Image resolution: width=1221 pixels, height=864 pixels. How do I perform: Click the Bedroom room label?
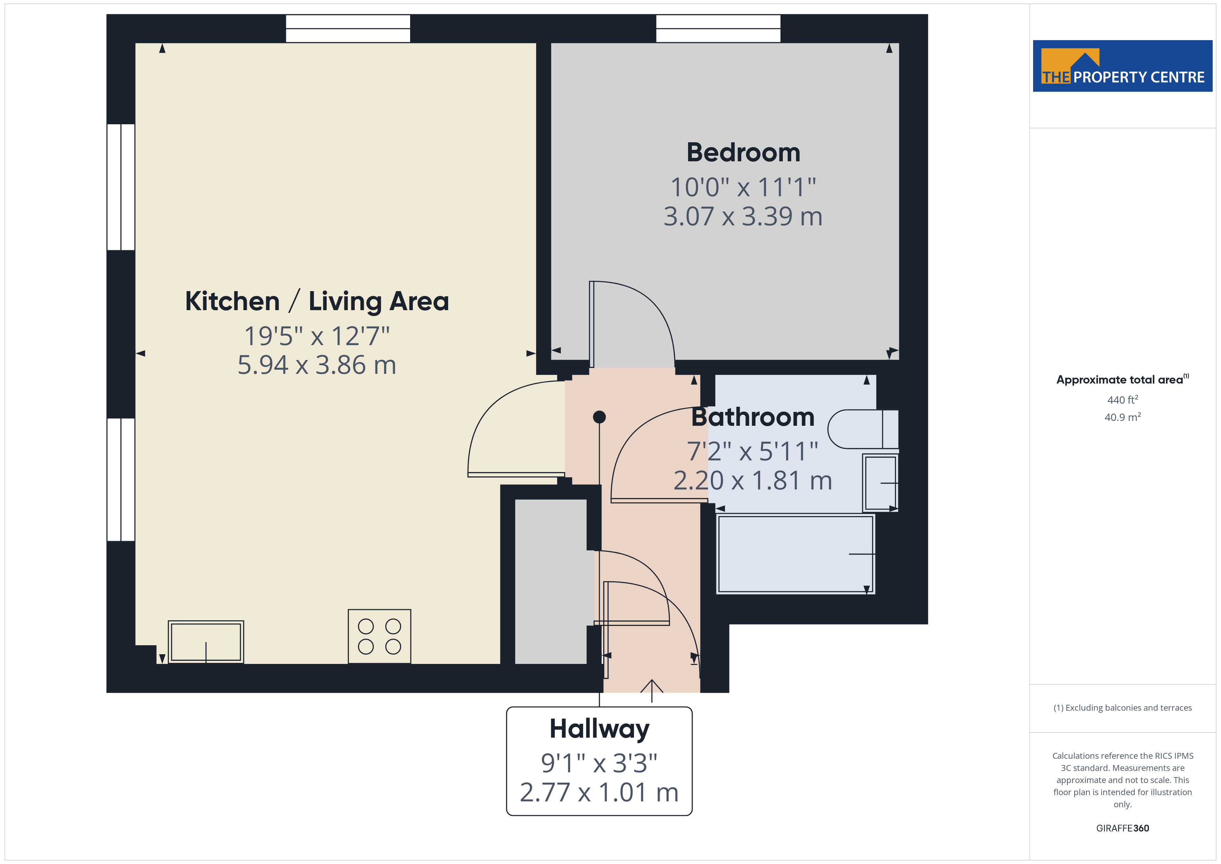[743, 153]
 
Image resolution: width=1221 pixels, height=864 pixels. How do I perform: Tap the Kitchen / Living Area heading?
[317, 301]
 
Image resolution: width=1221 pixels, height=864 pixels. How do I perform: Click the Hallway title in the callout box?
[599, 729]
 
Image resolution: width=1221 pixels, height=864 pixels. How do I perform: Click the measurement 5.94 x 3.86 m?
[317, 365]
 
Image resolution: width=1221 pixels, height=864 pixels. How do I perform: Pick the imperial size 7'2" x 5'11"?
[752, 451]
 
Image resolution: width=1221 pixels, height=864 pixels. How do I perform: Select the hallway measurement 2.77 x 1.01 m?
[599, 792]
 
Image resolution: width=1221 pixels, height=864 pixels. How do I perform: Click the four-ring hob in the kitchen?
[379, 636]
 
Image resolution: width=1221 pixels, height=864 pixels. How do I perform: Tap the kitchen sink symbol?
[206, 642]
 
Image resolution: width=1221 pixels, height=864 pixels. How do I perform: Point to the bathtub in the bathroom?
[796, 554]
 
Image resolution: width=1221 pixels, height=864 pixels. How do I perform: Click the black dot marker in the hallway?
[599, 417]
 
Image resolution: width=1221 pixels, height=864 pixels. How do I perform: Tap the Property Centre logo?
[1123, 66]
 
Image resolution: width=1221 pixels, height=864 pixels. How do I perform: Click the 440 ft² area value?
[1123, 399]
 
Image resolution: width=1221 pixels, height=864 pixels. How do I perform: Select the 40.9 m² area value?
[1123, 417]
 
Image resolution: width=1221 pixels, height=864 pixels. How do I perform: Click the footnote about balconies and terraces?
[1123, 708]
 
